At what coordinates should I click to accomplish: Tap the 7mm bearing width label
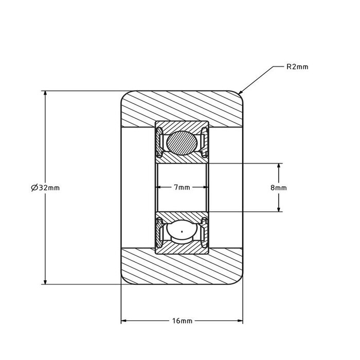pos(182,188)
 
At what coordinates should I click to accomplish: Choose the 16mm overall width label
pos(182,321)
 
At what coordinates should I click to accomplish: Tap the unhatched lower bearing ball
pos(182,234)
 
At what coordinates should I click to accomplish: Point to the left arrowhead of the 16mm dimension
pos(124,321)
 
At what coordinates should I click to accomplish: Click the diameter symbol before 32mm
pos(34,188)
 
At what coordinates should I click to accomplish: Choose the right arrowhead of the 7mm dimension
pos(204,188)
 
